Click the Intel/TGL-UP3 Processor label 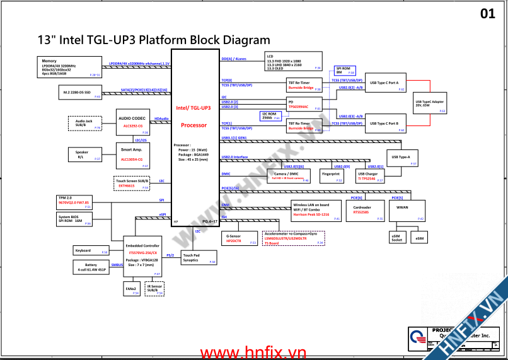pos(193,116)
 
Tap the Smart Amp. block pos(133,155)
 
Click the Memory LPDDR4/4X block pos(71,66)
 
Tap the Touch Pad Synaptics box pos(195,258)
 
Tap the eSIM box pos(420,238)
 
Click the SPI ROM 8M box pos(344,71)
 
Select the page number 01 pos(487,13)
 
